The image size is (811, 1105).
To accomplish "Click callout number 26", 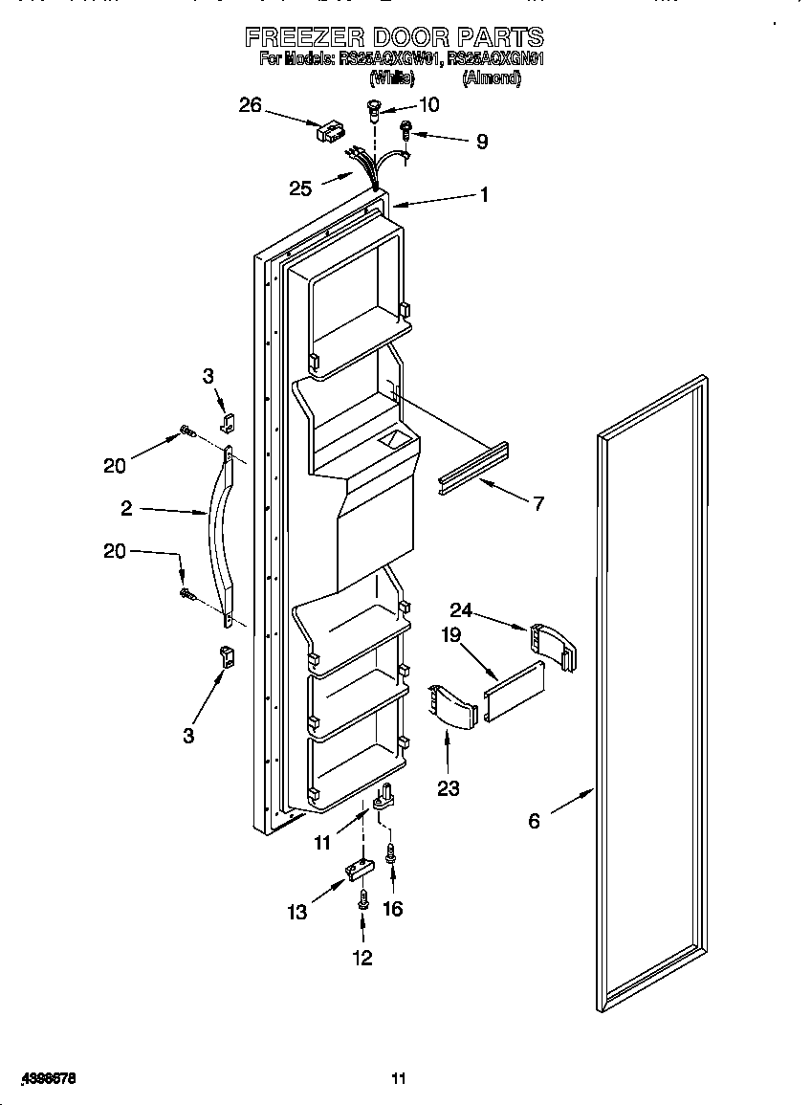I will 250,105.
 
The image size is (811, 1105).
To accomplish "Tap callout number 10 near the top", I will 429,104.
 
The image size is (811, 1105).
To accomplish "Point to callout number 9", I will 482,142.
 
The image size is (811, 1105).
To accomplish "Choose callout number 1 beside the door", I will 484,195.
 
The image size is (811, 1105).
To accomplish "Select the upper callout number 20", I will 114,466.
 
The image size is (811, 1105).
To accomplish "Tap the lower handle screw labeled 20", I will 187,595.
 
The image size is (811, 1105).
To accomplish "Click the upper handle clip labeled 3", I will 227,420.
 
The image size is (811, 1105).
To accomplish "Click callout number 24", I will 461,609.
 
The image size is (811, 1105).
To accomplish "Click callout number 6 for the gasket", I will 534,820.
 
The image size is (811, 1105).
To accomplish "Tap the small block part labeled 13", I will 359,869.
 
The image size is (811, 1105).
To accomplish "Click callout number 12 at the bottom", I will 362,958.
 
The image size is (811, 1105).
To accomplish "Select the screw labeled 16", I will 390,854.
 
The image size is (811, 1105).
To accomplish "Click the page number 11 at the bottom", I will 399,1079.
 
